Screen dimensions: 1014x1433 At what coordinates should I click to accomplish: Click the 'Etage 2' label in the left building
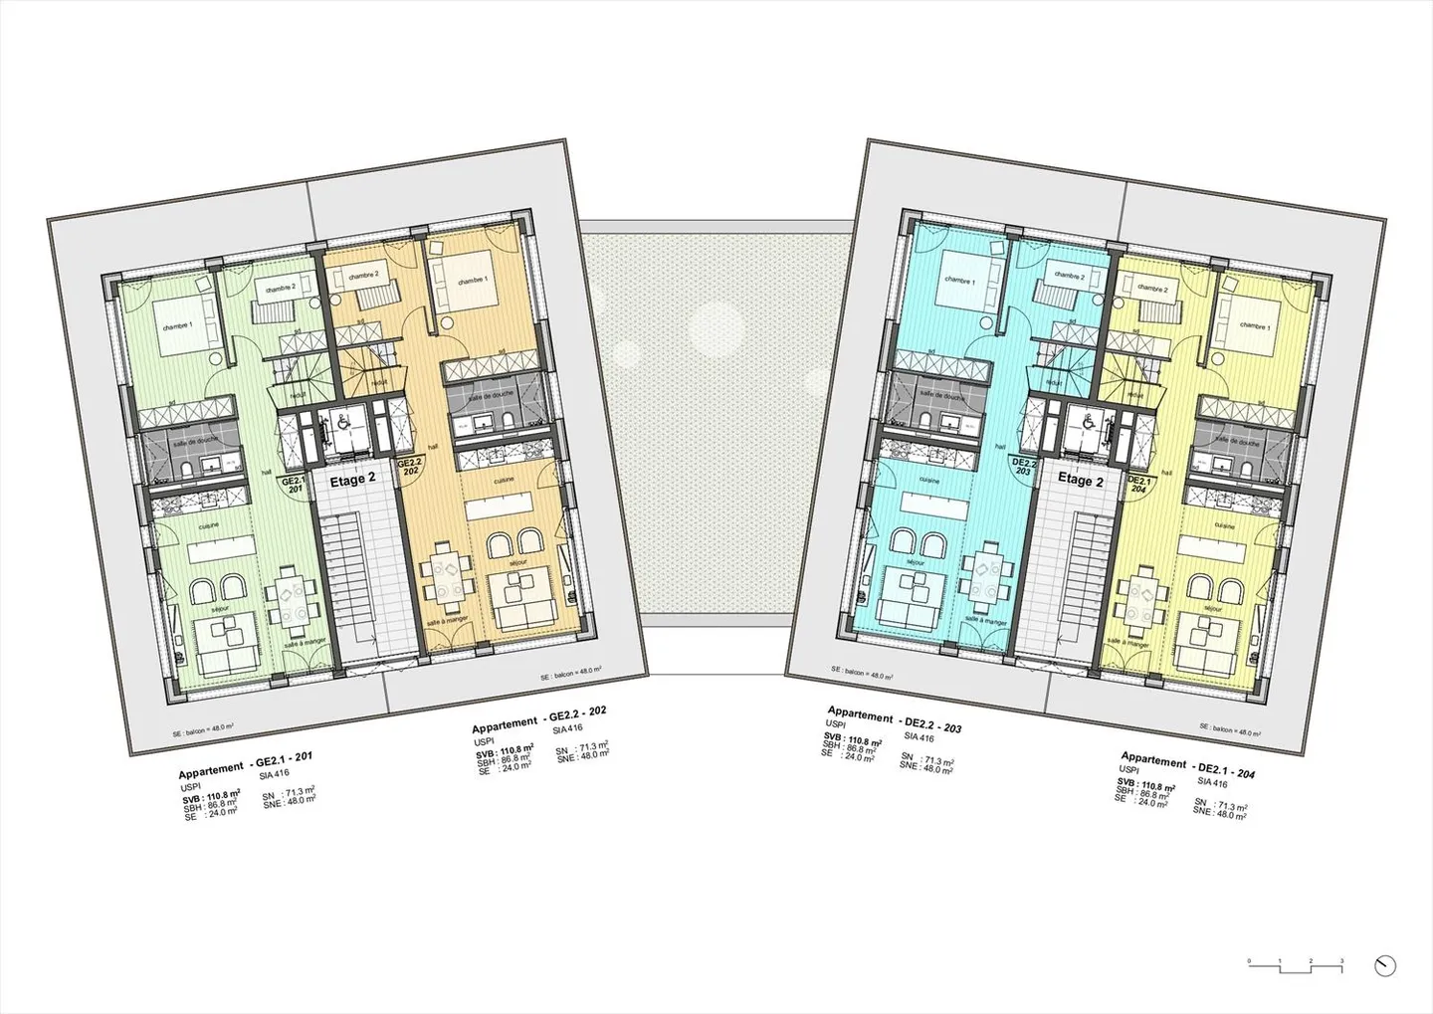pos(352,478)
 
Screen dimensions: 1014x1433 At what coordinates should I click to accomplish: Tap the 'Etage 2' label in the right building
pos(1081,480)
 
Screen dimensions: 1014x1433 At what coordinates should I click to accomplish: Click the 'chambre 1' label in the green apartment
pos(177,326)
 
